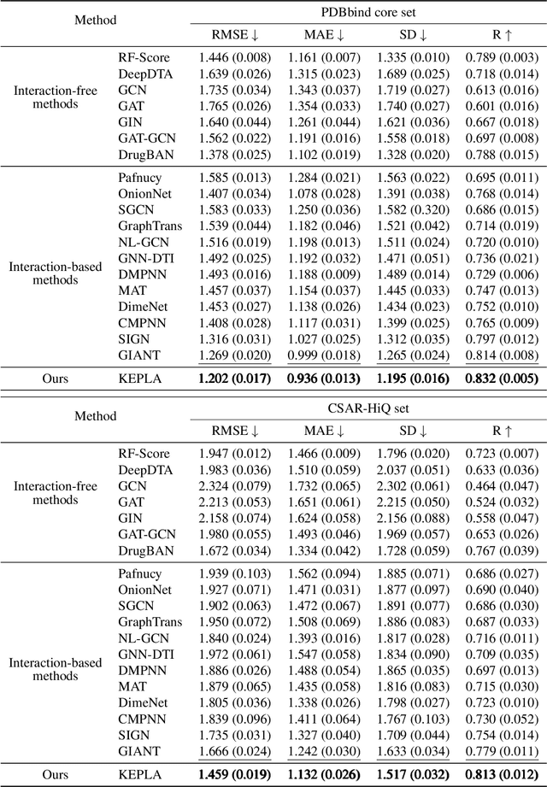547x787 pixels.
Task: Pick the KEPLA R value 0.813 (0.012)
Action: coord(502,773)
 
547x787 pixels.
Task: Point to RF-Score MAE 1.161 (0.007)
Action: coord(325,57)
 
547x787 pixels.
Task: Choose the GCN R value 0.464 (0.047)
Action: coord(502,485)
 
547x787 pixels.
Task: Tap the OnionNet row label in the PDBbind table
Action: coord(145,194)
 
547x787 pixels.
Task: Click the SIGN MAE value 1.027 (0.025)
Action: coord(325,339)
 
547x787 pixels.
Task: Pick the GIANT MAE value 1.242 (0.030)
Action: coord(325,752)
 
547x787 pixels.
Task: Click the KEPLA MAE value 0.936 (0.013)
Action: coord(325,377)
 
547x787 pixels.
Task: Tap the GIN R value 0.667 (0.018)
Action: coord(502,121)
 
